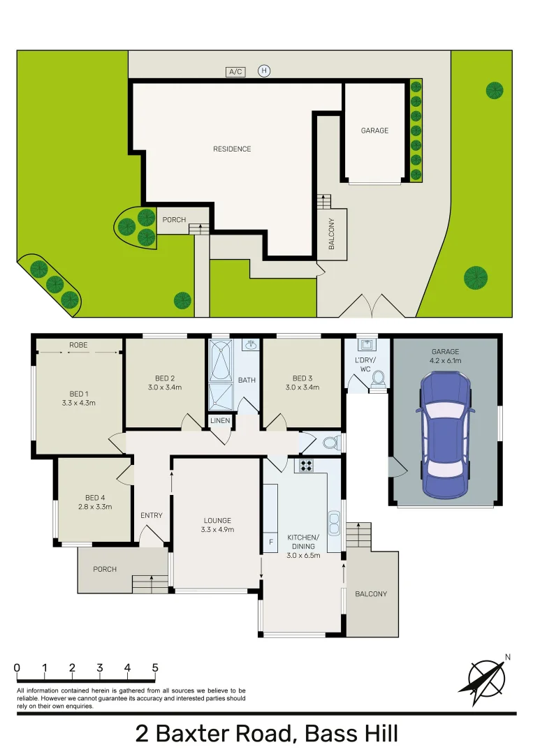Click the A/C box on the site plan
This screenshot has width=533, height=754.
coord(235,72)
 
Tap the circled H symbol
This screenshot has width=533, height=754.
coord(264,71)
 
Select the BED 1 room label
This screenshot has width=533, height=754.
coord(78,393)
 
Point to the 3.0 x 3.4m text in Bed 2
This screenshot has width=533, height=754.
coord(165,387)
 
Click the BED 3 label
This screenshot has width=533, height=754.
coord(302,378)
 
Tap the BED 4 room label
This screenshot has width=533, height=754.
coord(94,498)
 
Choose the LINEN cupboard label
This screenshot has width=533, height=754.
coord(219,421)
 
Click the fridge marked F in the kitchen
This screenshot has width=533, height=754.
coord(270,542)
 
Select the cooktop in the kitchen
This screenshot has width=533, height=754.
coord(307,465)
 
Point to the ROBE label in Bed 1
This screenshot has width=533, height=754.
coord(78,345)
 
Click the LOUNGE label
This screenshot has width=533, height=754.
coord(217,521)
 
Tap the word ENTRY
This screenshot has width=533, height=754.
coord(151,516)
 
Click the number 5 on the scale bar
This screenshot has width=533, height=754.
coord(155,668)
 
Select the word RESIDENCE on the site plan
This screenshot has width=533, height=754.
coord(232,149)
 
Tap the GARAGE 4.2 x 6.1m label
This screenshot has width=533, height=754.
coord(445,356)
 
